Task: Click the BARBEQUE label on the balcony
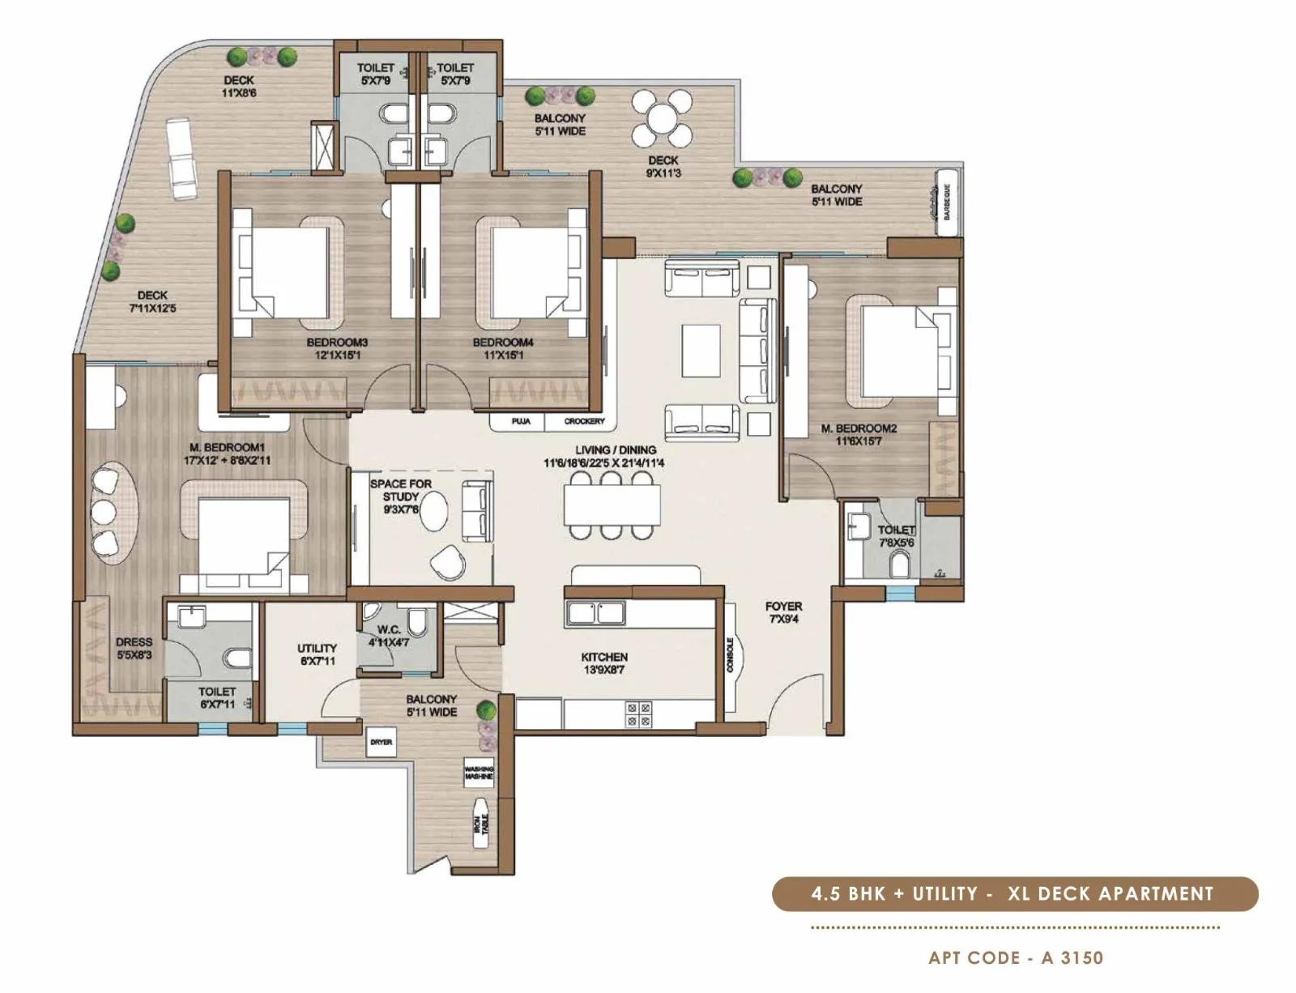tap(946, 202)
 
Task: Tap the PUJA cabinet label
tap(521, 421)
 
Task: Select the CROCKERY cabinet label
tap(584, 421)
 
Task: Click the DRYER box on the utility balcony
tap(381, 742)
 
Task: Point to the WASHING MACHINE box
tap(479, 773)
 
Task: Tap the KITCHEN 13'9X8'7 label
tap(604, 663)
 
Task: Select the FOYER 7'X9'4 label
tap(783, 612)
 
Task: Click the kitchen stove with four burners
tap(637, 714)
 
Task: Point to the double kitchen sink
tap(595, 612)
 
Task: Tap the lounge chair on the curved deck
tap(180, 157)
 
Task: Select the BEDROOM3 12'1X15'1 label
tap(337, 348)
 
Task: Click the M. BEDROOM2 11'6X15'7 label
tap(859, 435)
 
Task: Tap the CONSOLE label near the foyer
tap(730, 654)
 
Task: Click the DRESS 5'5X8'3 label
tap(134, 648)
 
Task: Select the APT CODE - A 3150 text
tap(1016, 957)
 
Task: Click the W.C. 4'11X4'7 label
tap(389, 636)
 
